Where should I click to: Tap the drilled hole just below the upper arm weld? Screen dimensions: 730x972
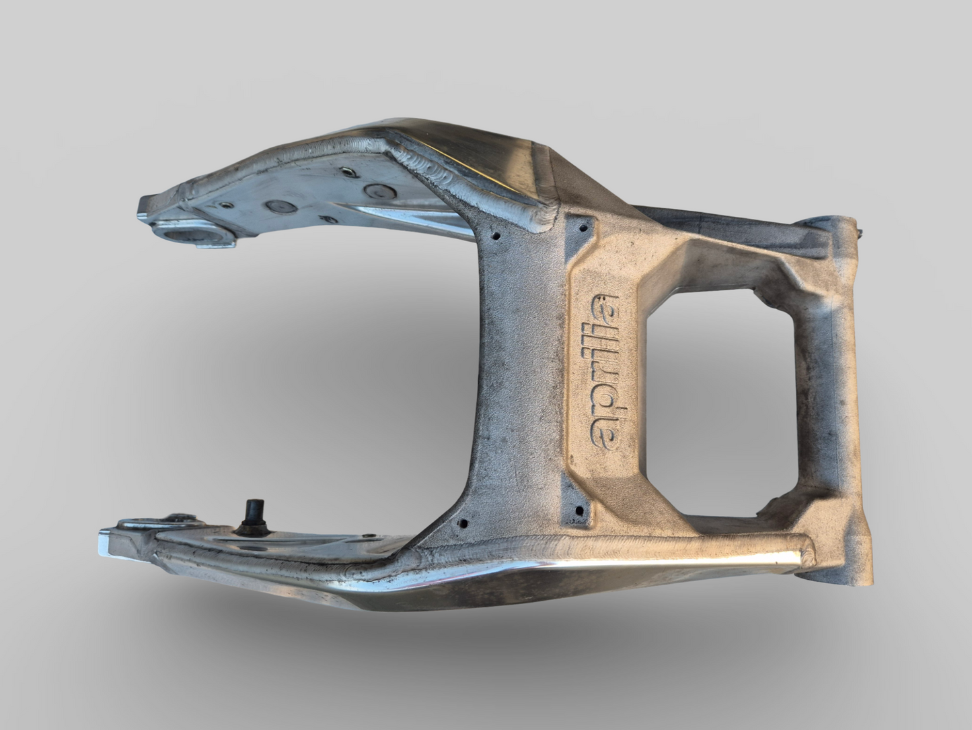click(496, 237)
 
